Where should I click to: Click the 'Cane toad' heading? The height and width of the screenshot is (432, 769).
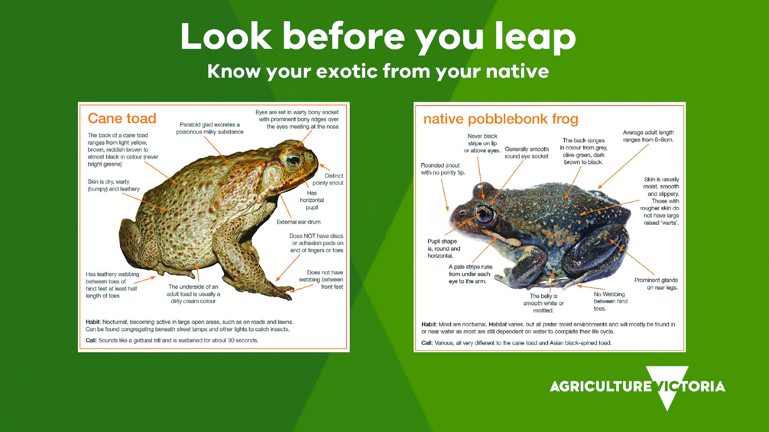122,119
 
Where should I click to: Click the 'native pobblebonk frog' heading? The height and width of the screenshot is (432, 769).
500,119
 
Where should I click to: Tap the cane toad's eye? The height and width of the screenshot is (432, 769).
294,160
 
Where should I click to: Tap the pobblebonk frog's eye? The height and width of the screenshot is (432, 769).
484,213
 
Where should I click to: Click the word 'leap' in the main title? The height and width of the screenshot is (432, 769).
535,37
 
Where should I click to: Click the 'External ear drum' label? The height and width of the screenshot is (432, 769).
298,222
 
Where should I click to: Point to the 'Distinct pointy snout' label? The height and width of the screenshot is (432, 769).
328,179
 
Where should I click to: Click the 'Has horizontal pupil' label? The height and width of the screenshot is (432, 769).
312,200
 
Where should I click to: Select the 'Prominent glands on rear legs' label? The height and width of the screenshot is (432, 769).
656,284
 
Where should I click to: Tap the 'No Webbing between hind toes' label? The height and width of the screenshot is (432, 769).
611,301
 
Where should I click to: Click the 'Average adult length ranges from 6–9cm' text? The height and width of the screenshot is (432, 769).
648,136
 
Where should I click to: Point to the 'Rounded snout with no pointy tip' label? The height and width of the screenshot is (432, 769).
443,169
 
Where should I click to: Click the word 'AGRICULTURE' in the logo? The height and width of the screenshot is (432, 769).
601,387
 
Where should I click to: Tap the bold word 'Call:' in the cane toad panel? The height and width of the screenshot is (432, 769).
91,340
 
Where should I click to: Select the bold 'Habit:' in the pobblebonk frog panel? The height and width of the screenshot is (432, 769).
429,324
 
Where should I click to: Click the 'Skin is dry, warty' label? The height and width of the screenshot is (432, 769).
108,181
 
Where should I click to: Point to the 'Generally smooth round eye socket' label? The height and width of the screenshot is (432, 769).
527,153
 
